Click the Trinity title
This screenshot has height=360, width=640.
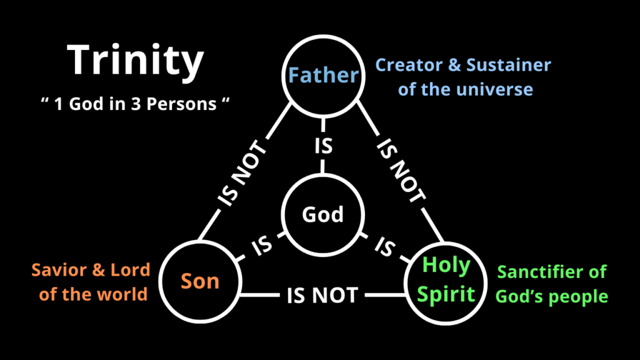pyautogui.click(x=135, y=61)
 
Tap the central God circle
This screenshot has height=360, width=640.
pyautogui.click(x=323, y=175)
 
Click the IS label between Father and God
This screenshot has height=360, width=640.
pyautogui.click(x=323, y=146)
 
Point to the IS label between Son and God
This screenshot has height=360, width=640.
pyautogui.click(x=262, y=246)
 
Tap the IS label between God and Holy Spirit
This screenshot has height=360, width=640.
pyautogui.click(x=385, y=246)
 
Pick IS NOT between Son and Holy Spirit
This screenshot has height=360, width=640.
pyautogui.click(x=322, y=295)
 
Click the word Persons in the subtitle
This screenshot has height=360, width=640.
pyautogui.click(x=181, y=104)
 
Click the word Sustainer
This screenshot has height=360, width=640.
pyautogui.click(x=509, y=65)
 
